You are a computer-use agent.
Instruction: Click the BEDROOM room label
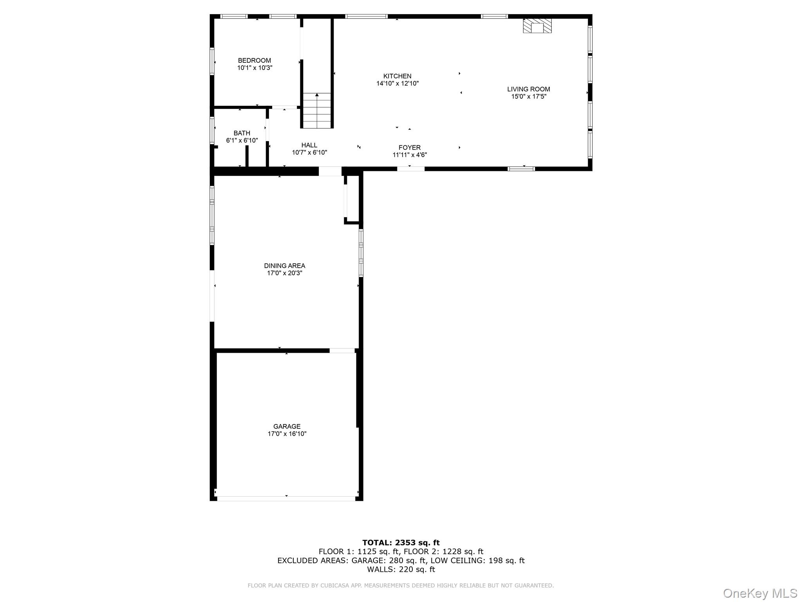click(254, 60)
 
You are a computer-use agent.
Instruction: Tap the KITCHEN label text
click(397, 76)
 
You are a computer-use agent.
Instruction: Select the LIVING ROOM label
click(528, 89)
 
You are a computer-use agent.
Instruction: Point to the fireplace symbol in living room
click(537, 26)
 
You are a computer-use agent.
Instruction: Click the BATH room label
click(242, 133)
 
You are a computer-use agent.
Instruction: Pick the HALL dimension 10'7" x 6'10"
click(309, 152)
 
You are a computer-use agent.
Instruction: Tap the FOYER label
click(410, 147)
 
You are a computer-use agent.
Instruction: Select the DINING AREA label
click(284, 266)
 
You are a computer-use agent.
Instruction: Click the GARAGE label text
click(287, 426)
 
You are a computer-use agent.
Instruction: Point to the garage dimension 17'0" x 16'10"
click(287, 434)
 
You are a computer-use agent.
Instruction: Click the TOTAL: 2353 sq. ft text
click(401, 542)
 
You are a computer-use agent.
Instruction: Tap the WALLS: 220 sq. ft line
click(401, 569)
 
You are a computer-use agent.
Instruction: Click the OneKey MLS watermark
click(760, 593)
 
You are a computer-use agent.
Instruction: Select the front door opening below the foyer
click(411, 169)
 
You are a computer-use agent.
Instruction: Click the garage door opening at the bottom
click(286, 499)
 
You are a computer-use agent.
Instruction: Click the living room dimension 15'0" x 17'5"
click(528, 96)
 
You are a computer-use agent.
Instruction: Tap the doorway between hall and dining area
click(330, 171)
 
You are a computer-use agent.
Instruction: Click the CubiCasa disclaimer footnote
click(401, 586)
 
